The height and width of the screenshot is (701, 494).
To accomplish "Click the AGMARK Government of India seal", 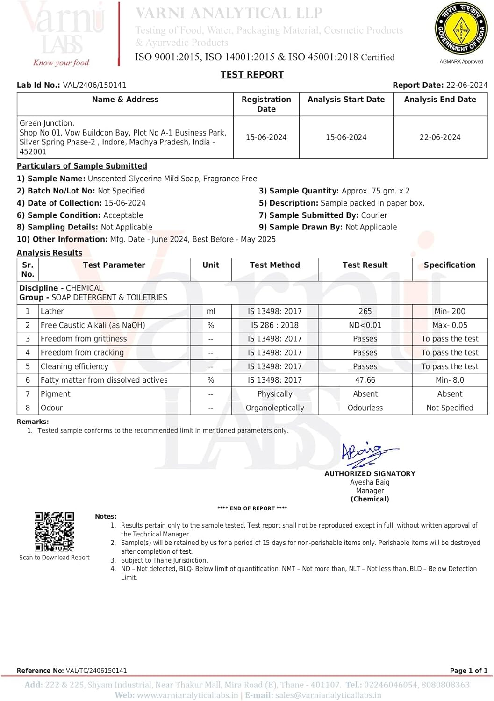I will tap(461, 29).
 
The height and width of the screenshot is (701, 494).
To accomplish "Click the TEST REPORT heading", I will tap(252, 75).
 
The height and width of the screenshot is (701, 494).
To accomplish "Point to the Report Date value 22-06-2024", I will tap(466, 85).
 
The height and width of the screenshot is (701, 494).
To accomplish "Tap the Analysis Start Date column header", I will tap(346, 100).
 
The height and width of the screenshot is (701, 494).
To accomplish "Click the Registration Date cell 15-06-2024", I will tap(266, 137).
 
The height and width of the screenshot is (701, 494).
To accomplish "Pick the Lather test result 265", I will tap(365, 311).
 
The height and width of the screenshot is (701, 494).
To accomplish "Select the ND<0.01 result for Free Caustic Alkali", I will tap(365, 325).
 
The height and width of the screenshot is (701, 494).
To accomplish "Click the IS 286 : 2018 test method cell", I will tap(275, 325).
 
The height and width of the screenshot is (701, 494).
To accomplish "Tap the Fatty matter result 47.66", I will tap(365, 380).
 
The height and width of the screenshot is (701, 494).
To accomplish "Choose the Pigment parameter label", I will tap(56, 394).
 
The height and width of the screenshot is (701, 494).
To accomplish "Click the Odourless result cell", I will tap(365, 408).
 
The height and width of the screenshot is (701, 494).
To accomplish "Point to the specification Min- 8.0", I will tap(450, 380).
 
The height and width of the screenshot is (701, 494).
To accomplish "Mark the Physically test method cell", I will tap(275, 394).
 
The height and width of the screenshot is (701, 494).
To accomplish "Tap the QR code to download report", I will tap(54, 532).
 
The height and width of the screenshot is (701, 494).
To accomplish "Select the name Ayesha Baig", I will tap(370, 482).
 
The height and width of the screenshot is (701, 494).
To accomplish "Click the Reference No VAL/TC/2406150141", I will tap(96, 671).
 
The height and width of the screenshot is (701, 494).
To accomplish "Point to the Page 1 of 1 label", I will tap(468, 671).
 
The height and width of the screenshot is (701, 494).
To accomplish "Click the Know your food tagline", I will tap(61, 63).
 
